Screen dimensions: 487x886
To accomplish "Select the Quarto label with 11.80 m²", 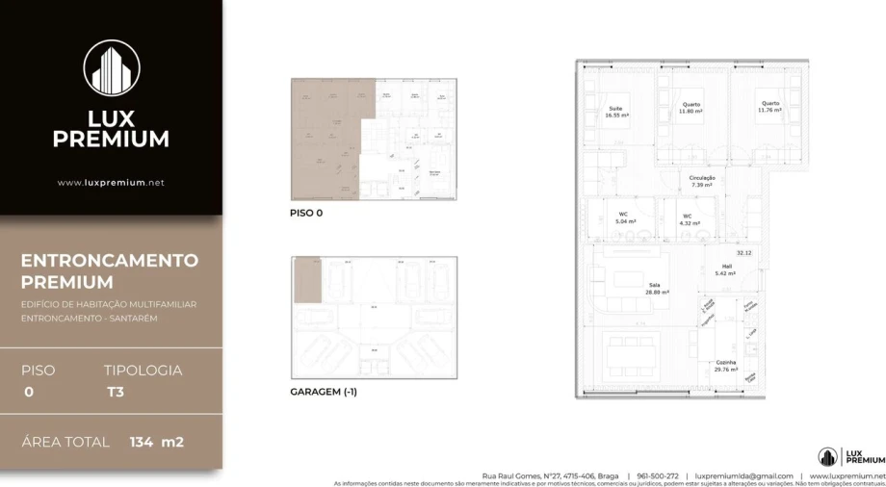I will [691, 108].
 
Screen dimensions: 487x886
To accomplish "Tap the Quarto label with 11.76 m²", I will [769, 107].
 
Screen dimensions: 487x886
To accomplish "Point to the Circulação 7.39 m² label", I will [701, 180].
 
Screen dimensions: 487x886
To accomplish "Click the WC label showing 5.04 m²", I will [624, 218].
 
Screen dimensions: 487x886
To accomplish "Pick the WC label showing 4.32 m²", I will [688, 219].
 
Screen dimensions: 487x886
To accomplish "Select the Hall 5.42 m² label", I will [725, 271].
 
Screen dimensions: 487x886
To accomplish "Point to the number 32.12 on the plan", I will [743, 252].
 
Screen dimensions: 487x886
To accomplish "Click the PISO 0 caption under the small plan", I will [306, 214].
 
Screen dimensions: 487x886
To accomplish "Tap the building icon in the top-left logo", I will [112, 68].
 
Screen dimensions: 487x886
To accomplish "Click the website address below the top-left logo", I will [111, 182].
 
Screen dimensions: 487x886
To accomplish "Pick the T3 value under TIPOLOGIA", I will [115, 392].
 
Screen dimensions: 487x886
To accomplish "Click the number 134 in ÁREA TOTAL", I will [141, 443].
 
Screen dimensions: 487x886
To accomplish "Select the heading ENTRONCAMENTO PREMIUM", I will [109, 271].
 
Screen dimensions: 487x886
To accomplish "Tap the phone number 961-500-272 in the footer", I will [658, 475].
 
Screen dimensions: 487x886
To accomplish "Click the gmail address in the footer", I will [743, 475].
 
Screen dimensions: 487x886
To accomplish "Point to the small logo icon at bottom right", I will [826, 457].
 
